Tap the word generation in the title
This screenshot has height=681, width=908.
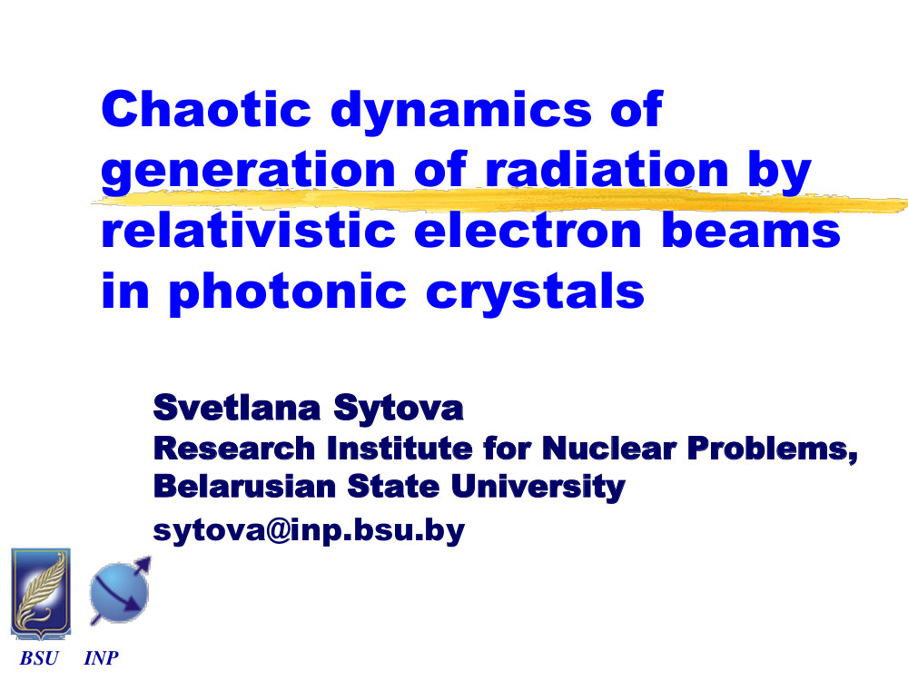tap(249, 172)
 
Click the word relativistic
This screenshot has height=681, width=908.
tap(249, 230)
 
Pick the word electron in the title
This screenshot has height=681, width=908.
tap(528, 230)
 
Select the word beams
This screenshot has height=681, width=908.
tap(751, 230)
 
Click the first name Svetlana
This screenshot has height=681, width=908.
tap(236, 407)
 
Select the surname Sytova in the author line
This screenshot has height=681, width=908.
tap(399, 410)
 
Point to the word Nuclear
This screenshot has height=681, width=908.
tap(609, 449)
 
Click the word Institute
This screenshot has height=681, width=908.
tap(400, 449)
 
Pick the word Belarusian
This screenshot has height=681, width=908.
tap(244, 486)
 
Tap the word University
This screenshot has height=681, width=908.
tap(538, 488)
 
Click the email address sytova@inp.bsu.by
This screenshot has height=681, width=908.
tap(309, 530)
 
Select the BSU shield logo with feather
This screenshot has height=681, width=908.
tap(41, 594)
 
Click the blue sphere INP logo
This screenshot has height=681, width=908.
tap(121, 591)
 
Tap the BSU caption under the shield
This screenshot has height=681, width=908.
tap(39, 658)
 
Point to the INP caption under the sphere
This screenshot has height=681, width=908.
tap(102, 658)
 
